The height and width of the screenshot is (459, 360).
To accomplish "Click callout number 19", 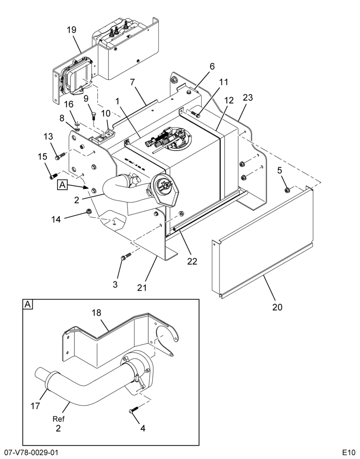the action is [x=72, y=30].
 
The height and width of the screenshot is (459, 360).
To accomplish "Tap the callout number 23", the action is [x=247, y=97].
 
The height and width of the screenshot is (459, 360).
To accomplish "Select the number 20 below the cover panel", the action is [x=277, y=307].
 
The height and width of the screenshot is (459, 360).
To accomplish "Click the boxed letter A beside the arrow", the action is [x=62, y=185].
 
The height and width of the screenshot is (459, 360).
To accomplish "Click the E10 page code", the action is [x=349, y=453].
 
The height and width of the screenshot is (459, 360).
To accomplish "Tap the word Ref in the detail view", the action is [x=59, y=419].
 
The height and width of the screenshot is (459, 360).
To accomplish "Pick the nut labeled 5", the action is [x=287, y=190].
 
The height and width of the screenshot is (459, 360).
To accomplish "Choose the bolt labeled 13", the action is [x=59, y=157].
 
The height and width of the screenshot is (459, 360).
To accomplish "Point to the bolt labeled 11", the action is [x=195, y=114].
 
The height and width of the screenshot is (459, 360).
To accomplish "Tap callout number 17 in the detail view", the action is [x=35, y=406].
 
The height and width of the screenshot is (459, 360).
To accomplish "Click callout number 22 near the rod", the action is [x=192, y=262].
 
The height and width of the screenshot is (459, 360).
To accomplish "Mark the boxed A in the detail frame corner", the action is [x=28, y=304].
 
